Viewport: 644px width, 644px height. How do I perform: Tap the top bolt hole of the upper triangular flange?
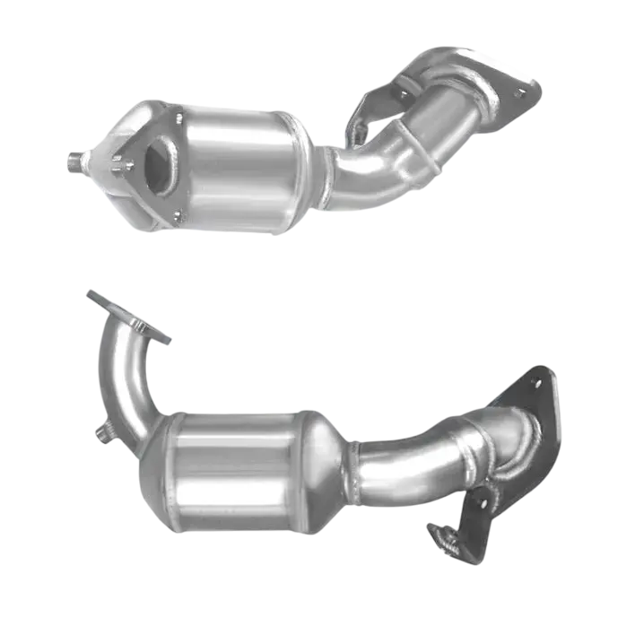178,117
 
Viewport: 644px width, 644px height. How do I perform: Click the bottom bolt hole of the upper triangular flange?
178,214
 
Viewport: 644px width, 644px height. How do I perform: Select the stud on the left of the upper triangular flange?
118,164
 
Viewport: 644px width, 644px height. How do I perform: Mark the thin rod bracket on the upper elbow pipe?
422,148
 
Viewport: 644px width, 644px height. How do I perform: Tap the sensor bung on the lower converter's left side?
104,434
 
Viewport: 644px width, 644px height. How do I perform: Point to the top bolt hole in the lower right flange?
536,383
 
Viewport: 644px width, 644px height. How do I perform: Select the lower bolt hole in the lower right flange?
483,503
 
